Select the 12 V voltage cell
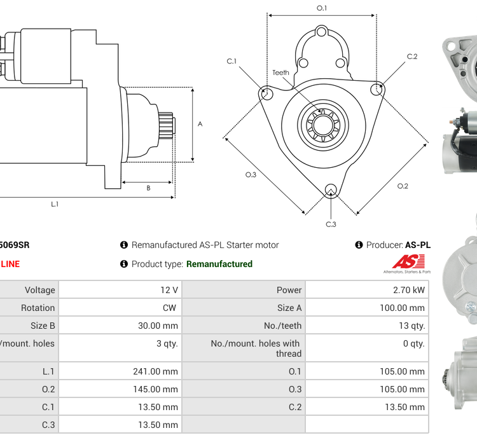tap(169, 290)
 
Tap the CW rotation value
tap(170, 308)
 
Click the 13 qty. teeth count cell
tap(412, 326)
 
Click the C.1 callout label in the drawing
tap(232, 61)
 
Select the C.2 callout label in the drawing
tap(412, 57)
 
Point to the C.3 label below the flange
tap(331, 224)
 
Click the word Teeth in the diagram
tap(280, 72)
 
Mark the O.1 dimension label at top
tap(322, 8)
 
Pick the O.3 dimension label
tap(251, 175)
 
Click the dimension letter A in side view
tap(200, 124)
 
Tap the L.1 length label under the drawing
tap(55, 204)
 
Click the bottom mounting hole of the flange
tap(330, 190)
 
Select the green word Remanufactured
tap(219, 264)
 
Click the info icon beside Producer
tap(359, 245)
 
